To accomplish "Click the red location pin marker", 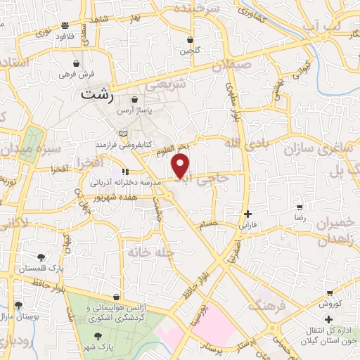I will point(181,166).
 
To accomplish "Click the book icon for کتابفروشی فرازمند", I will point(124,134).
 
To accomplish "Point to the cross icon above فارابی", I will point(247,214).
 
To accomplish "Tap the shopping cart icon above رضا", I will point(300,207).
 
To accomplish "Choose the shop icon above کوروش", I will point(329,293).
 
